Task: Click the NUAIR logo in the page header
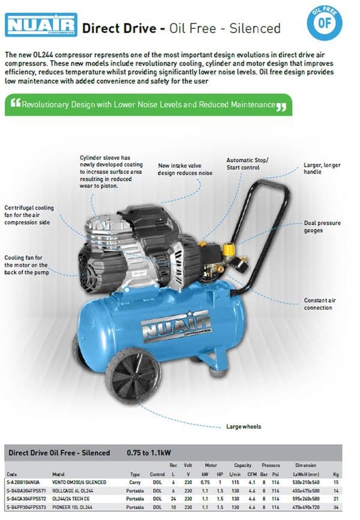coord(41,25)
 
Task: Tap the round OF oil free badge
coord(324,23)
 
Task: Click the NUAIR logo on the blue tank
coord(176,324)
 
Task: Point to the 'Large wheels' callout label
coord(243,427)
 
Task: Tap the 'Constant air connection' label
coord(318,304)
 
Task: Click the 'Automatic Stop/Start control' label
coord(248,164)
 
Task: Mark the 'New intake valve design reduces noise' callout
coord(185,169)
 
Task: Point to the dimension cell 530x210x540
coord(306,482)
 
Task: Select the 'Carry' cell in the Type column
coord(134,482)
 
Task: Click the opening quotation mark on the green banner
coord(16,105)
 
